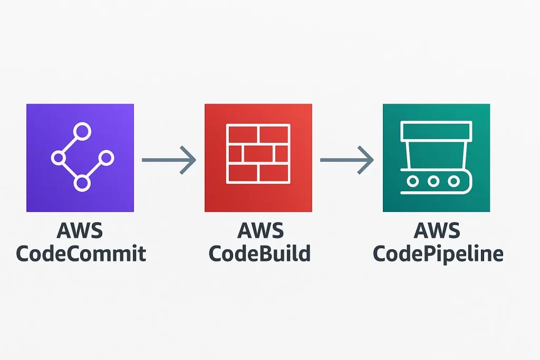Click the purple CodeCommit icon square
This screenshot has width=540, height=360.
(80, 158)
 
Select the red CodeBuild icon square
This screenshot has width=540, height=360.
(258, 158)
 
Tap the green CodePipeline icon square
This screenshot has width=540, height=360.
(436, 158)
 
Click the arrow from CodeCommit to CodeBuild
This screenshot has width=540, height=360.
(169, 158)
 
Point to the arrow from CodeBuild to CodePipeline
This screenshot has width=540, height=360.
(347, 158)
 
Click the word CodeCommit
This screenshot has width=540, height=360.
(81, 254)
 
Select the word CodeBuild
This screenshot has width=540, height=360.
(259, 254)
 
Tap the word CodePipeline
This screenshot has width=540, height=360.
(438, 254)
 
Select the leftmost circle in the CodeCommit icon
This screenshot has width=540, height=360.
(58, 158)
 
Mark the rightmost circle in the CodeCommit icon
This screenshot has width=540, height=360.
(106, 158)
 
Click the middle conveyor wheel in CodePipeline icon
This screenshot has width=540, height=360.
(433, 181)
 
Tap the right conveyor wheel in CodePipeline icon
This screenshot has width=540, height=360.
(454, 181)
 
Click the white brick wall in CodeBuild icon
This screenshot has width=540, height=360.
(258, 153)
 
